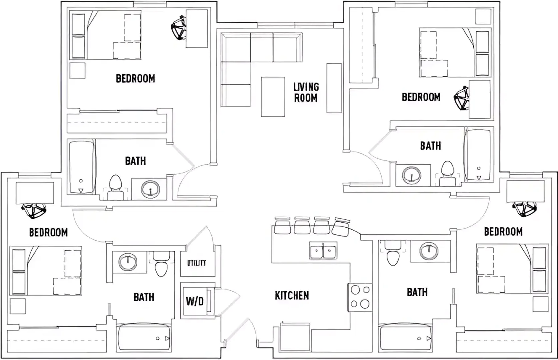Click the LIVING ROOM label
(306, 92)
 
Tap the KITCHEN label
(292, 295)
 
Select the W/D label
(195, 301)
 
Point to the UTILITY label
(197, 263)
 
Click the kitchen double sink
(323, 250)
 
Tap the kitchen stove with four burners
(360, 297)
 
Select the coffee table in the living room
(273, 97)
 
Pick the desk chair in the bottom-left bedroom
(34, 211)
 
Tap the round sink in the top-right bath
(412, 175)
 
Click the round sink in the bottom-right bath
(429, 251)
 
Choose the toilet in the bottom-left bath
(161, 264)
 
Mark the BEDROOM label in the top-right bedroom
(421, 97)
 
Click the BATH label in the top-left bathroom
(135, 161)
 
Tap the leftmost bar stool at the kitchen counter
(282, 225)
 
